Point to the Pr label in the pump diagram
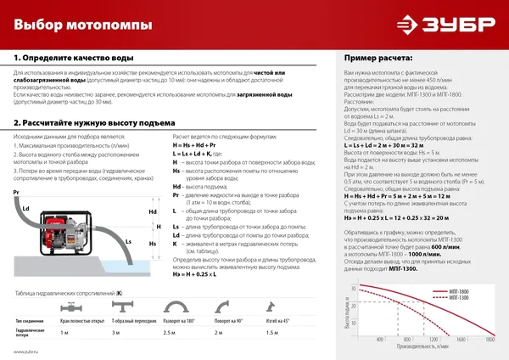point(16,194)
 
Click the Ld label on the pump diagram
point(26,208)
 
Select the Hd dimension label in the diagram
point(153,212)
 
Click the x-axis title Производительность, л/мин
point(421,346)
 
